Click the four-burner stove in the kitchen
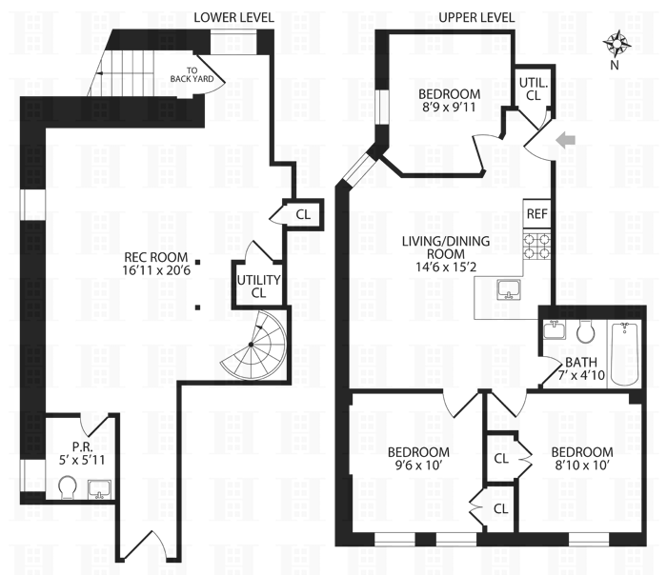pyautogui.click(x=536, y=247)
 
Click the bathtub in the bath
pyautogui.click(x=624, y=353)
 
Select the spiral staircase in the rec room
pyautogui.click(x=251, y=344)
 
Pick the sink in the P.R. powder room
pyautogui.click(x=98, y=489)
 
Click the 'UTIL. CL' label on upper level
pyautogui.click(x=532, y=89)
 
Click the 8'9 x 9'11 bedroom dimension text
pyautogui.click(x=448, y=109)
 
